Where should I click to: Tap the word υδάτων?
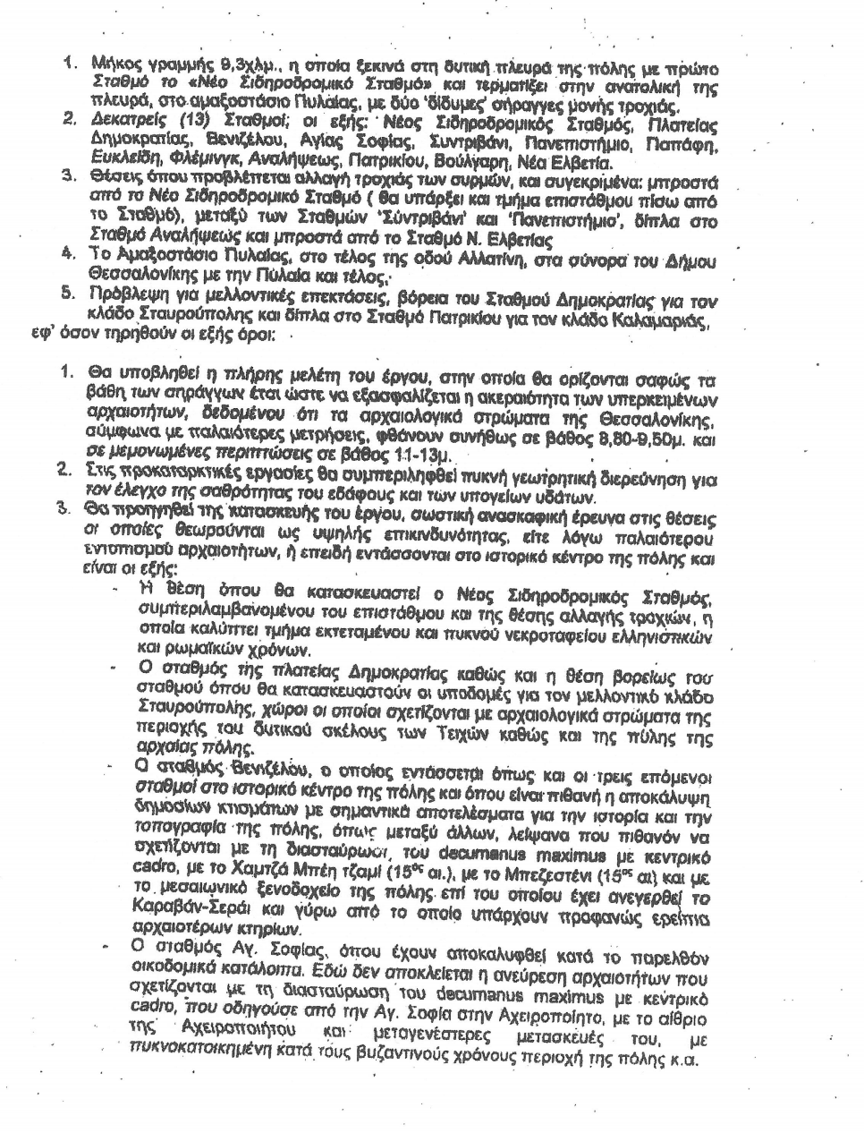click(x=557, y=497)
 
